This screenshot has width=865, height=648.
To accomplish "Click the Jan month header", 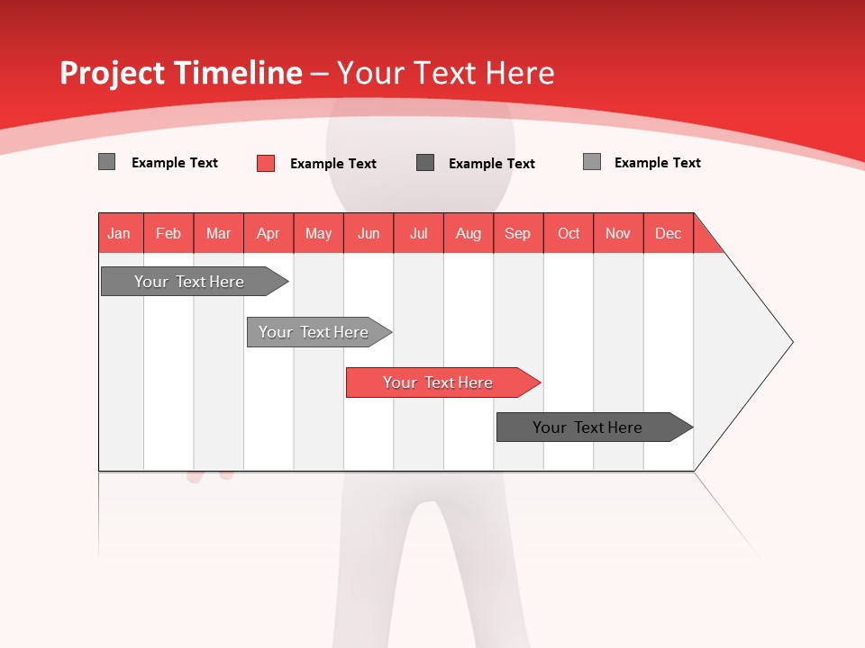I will pos(120,233).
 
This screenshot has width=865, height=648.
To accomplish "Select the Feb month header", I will pos(168,233).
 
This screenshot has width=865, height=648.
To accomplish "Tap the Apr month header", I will pos(269,233).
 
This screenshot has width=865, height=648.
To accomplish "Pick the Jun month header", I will pos(369,233).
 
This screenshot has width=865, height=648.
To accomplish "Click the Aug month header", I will pos(469,233).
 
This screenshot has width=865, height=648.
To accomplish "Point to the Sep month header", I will pos(518,233).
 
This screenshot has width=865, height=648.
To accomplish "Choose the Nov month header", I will pos(618,233).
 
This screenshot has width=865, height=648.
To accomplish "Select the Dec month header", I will pos(669,233).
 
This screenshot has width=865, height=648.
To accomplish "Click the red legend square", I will pos(266,163).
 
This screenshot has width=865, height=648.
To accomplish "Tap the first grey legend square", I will pos(107,162).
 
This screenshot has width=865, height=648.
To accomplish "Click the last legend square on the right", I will pos(592,162).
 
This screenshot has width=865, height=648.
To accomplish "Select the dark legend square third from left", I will pos(425,163).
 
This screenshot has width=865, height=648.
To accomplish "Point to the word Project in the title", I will pos(114,73).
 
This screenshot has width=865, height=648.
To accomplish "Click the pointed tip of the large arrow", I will pos(789,342).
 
